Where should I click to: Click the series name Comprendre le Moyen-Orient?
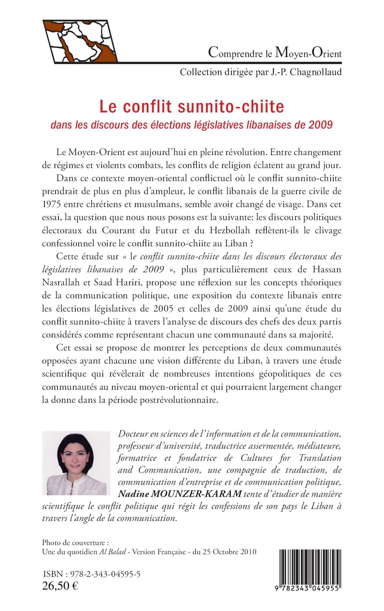coord(275,53)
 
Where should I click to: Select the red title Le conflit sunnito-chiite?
coord(192,107)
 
